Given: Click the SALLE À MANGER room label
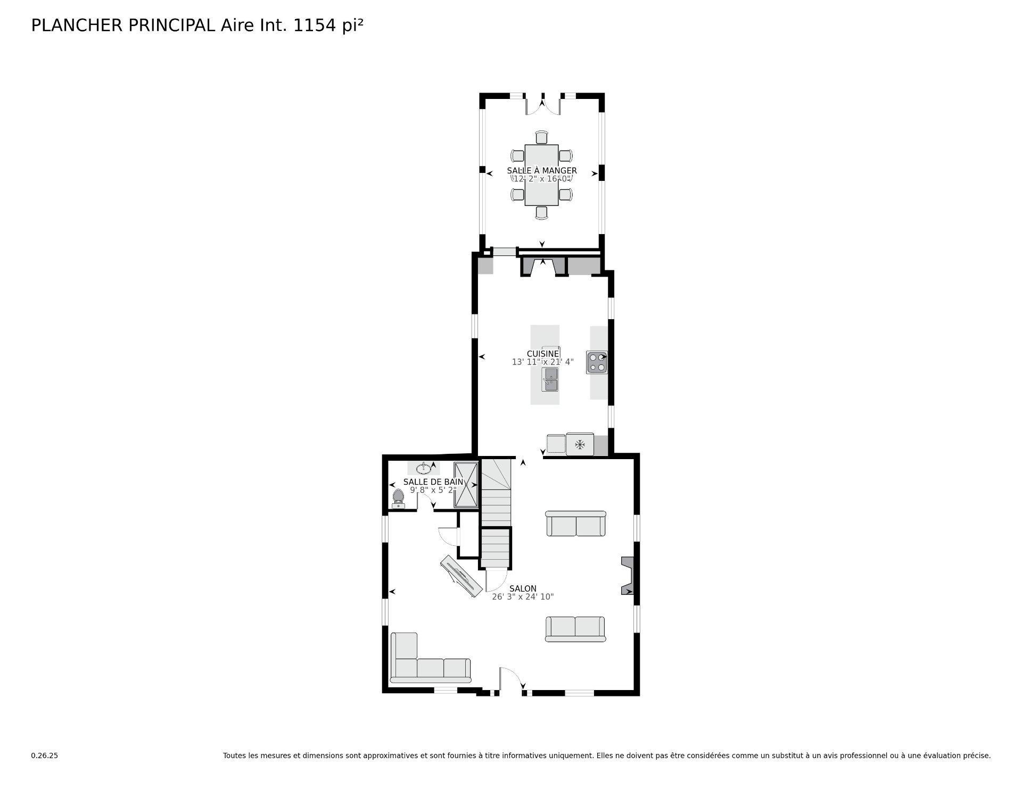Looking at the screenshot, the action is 541,171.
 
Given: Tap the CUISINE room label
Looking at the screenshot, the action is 543,354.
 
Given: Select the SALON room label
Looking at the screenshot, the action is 523,588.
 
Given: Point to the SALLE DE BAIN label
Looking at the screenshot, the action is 433,482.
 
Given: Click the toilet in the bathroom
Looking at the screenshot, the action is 398,498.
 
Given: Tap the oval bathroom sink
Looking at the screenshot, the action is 424,469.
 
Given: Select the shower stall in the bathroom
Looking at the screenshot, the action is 466,485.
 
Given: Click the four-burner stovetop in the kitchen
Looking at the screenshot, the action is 597,362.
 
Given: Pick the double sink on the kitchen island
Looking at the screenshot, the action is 550,379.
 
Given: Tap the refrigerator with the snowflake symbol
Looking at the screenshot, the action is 580,444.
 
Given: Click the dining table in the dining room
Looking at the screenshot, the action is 541,175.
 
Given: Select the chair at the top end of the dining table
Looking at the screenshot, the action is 541,137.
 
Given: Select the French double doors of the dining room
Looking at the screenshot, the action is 543,105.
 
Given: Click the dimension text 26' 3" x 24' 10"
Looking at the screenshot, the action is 523,597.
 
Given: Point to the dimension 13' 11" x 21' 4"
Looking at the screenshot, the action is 542,362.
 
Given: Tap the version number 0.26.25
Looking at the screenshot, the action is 44,755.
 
